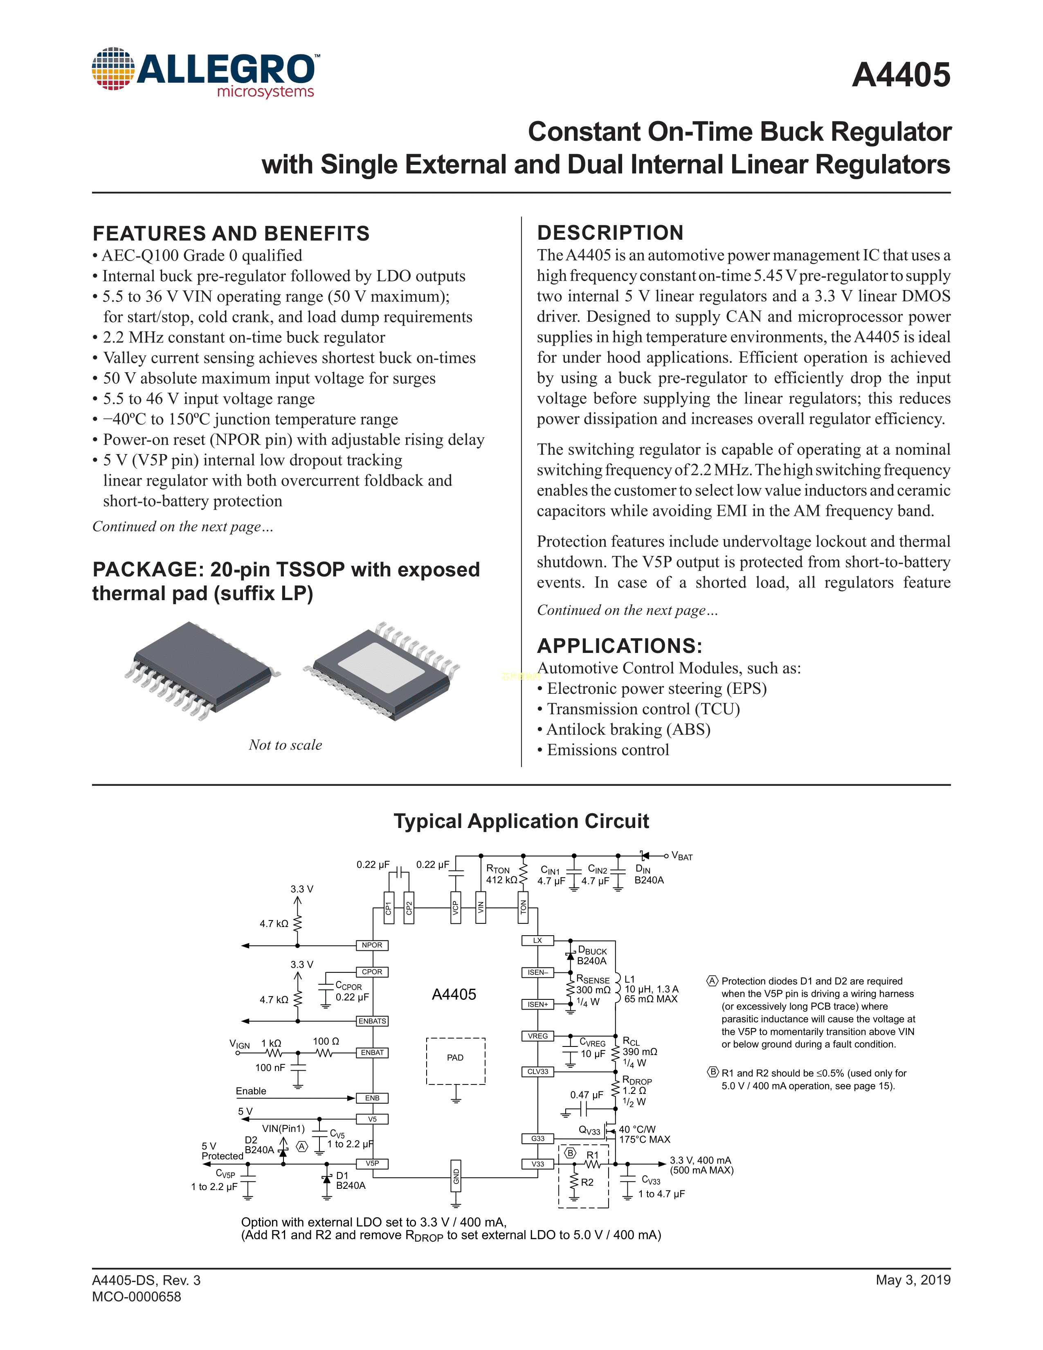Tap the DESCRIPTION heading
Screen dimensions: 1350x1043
click(x=610, y=233)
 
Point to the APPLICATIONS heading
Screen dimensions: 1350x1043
click(x=619, y=646)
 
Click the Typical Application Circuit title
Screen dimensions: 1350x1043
click(x=521, y=821)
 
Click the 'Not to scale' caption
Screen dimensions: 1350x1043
click(x=285, y=745)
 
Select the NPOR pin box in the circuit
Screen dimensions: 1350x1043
click(x=372, y=945)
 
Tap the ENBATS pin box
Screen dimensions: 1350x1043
click(x=372, y=1021)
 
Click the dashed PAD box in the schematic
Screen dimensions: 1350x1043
click(x=455, y=1061)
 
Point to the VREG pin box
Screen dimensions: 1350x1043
click(x=537, y=1036)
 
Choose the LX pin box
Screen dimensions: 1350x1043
click(x=537, y=941)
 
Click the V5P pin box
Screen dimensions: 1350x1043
click(x=372, y=1163)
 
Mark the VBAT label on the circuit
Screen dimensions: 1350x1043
click(x=682, y=857)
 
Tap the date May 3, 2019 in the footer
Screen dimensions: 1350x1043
click(x=913, y=1280)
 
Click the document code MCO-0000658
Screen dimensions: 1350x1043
click(x=137, y=1297)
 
